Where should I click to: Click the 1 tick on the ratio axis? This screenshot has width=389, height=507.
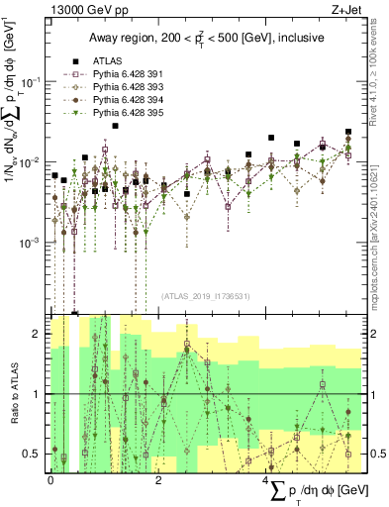point(39,394)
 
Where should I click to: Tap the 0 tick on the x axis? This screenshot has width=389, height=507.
point(50,478)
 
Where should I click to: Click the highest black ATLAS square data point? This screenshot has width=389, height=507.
point(116,126)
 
